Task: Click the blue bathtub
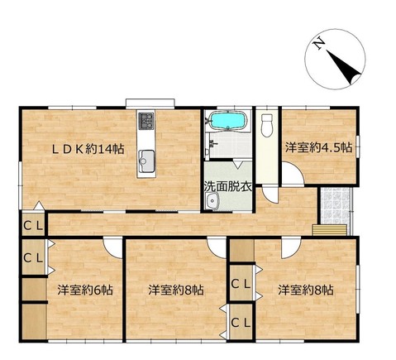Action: coord(228,121)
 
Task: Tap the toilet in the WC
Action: coord(267,126)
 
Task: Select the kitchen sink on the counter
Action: coord(146,161)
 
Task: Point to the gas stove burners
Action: coord(146,121)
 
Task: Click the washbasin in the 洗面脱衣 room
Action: coord(212,200)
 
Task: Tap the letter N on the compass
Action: coord(319,43)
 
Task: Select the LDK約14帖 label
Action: coord(88,149)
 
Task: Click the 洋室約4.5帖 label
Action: coord(318,147)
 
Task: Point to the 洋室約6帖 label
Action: coord(85,290)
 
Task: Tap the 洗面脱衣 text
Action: coord(228,187)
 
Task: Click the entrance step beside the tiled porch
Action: coord(329,230)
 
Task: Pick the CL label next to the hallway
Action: coord(33,226)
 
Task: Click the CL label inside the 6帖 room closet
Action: coord(33,258)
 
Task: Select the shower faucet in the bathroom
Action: coord(213,143)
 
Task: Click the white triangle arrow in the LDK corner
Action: coord(40,206)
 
